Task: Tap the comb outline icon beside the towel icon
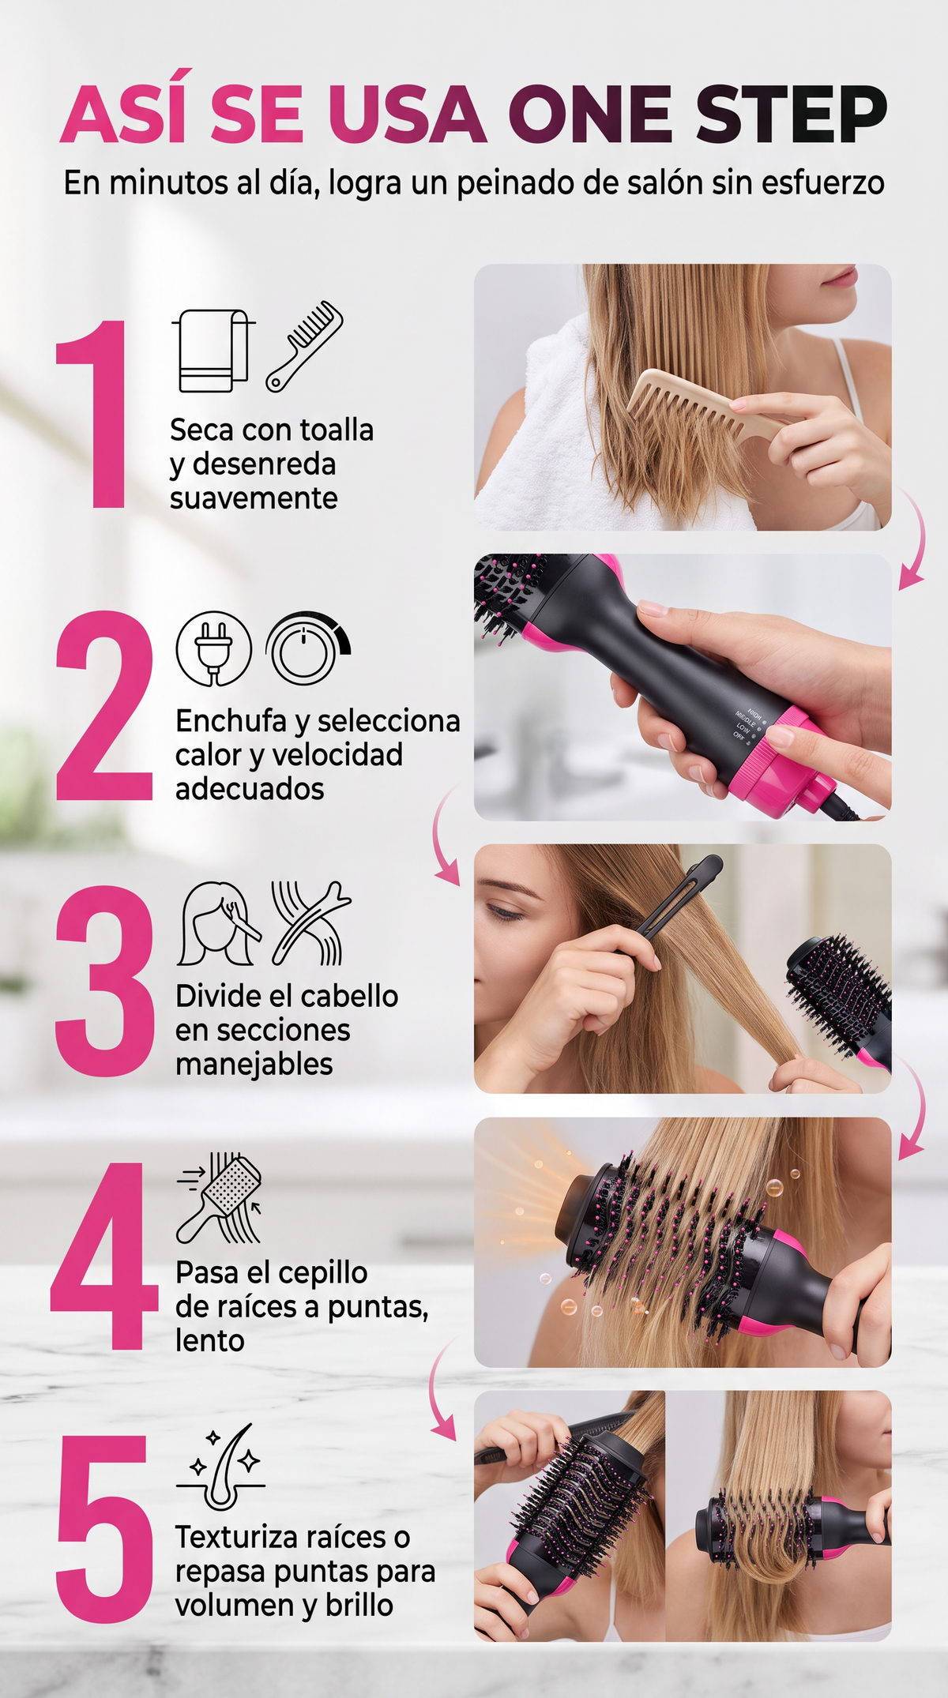point(304,345)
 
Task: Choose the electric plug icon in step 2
point(213,649)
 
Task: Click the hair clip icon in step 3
point(310,923)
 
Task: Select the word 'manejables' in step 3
point(254,1065)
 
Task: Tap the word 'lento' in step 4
point(210,1340)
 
